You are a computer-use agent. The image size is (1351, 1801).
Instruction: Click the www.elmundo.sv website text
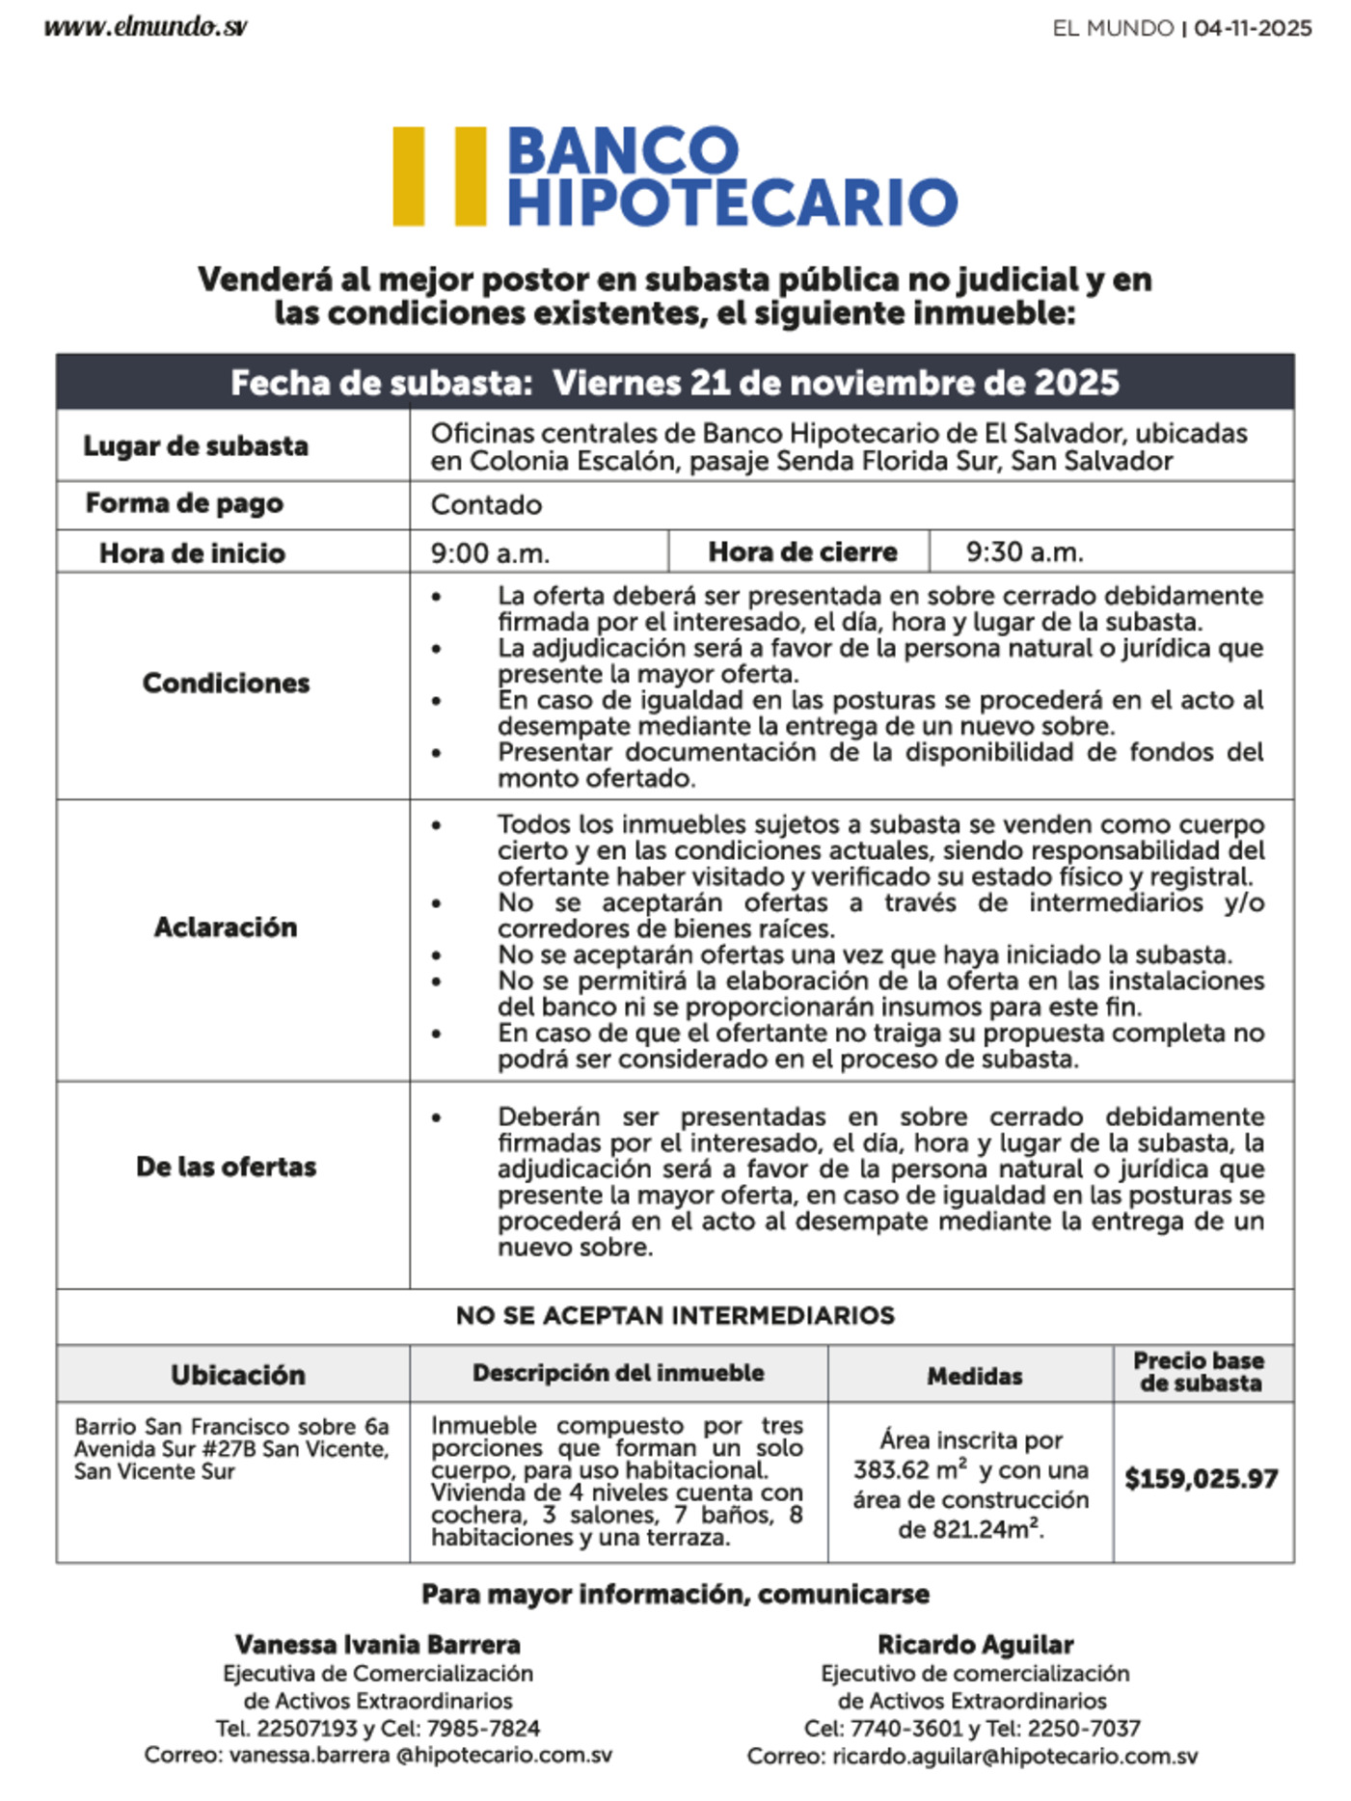point(145,27)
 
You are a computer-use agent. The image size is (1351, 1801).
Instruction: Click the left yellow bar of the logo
point(409,176)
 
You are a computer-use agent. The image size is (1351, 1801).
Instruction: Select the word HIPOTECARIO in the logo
point(732,202)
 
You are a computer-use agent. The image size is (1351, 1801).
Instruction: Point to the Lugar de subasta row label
point(196,446)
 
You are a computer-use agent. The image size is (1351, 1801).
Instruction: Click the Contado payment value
point(486,505)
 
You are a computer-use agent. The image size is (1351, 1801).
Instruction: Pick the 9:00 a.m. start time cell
point(490,553)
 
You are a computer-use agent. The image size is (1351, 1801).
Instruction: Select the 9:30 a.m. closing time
point(1024,552)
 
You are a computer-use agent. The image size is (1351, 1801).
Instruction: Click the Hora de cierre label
point(802,552)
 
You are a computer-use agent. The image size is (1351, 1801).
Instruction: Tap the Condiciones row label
point(226,684)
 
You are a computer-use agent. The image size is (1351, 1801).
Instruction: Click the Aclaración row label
point(226,927)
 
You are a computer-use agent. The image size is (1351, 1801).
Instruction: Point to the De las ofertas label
point(226,1167)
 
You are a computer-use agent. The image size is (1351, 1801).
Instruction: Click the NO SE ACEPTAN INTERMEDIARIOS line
point(675,1316)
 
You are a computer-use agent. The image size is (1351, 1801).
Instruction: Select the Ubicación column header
point(238,1375)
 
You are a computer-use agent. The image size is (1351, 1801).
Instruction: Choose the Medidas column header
point(974,1376)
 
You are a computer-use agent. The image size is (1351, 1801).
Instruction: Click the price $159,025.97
point(1202,1479)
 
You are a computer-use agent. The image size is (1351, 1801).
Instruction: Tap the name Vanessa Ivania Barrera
point(377,1645)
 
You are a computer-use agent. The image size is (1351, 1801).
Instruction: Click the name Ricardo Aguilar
point(975,1645)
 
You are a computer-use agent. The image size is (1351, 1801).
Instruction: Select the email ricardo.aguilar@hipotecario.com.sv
point(1014,1757)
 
